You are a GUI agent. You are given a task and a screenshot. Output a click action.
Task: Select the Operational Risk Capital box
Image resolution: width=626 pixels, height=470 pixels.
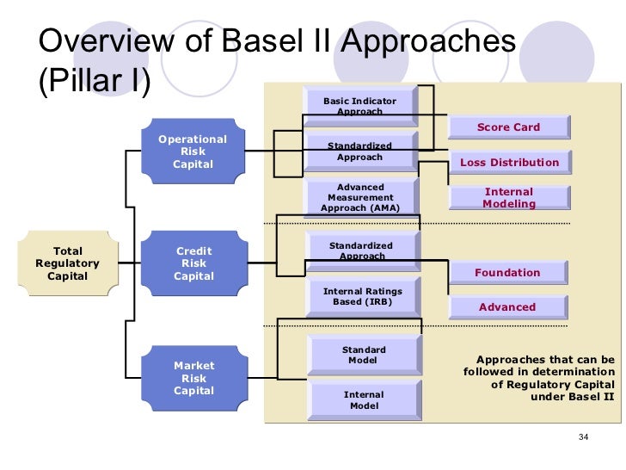tap(193, 152)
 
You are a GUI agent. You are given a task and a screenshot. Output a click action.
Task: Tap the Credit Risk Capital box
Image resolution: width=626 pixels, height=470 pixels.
tap(193, 263)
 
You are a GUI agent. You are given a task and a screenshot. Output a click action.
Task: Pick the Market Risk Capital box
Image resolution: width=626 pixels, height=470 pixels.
tap(193, 378)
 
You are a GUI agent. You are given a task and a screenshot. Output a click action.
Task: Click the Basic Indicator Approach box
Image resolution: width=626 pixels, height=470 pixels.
tap(359, 106)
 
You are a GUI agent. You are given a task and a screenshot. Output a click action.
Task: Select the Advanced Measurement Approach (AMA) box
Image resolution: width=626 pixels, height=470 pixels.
tap(359, 197)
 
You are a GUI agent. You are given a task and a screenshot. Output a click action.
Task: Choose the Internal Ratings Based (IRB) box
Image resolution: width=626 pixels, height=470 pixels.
tap(362, 297)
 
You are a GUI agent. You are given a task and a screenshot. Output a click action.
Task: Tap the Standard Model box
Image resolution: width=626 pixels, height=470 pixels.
tap(364, 355)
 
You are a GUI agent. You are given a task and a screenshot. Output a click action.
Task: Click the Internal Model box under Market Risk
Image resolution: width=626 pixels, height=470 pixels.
tap(364, 400)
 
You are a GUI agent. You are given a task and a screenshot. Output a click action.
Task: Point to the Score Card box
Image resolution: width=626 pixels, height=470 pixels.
tap(508, 127)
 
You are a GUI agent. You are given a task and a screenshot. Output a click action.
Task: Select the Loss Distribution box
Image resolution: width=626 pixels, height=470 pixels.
tap(508, 162)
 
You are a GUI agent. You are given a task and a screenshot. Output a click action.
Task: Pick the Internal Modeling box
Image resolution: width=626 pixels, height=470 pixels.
tap(508, 198)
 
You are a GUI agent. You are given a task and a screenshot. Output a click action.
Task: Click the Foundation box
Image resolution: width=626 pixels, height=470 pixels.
tap(507, 273)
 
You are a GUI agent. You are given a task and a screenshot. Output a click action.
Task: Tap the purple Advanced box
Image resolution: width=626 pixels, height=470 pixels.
tap(507, 307)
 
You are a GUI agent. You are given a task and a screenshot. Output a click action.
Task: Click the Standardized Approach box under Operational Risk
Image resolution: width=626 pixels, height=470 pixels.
tap(359, 152)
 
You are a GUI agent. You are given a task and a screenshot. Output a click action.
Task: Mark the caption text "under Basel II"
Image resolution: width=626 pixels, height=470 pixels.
tap(572, 398)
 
